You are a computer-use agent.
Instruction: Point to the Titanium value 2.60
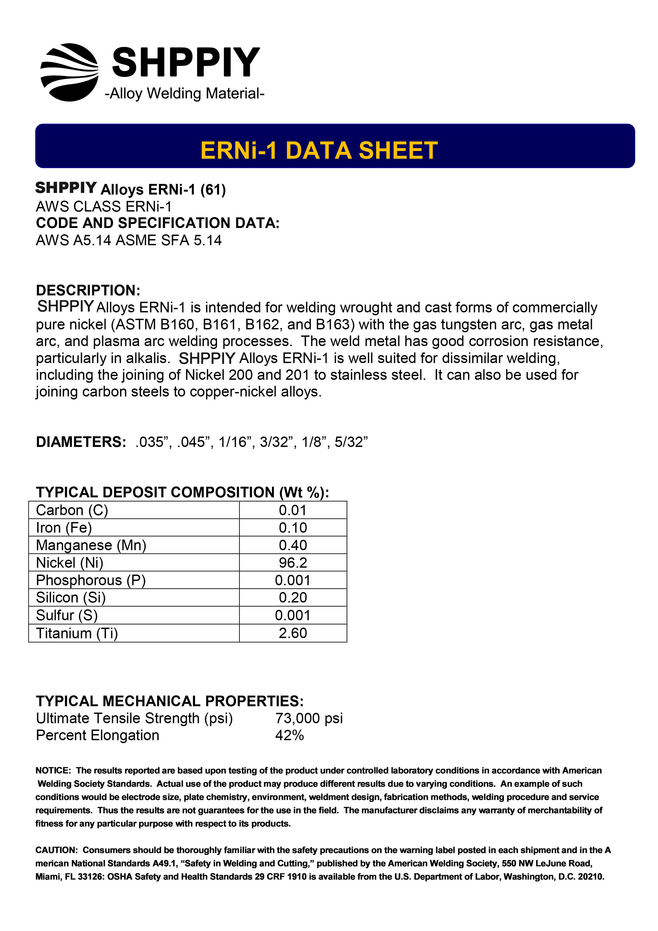point(293,633)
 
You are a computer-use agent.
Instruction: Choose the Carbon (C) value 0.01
point(293,510)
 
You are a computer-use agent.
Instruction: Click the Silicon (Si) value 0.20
point(293,597)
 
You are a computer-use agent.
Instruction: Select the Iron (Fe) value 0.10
point(293,528)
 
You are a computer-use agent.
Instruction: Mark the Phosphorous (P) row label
point(90,580)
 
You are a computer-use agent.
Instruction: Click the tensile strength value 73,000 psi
point(309,718)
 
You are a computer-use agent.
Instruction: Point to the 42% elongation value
point(289,735)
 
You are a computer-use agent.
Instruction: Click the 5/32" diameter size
point(351,442)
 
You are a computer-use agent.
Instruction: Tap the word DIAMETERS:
point(81,442)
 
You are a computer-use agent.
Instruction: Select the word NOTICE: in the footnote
point(53,770)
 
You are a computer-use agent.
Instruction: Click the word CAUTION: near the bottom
point(56,850)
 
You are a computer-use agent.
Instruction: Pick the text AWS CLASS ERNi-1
point(104,206)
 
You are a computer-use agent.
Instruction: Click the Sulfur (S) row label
point(67,615)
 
